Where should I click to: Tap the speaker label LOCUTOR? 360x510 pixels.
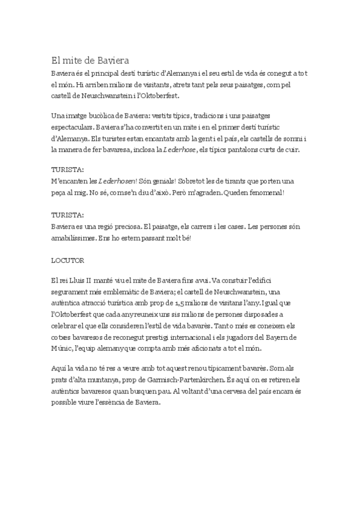[x=67, y=262]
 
